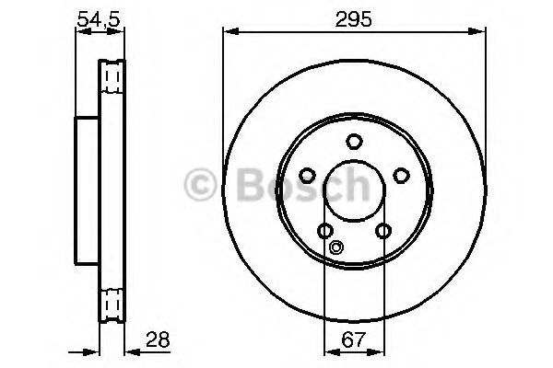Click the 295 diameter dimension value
tap(353, 19)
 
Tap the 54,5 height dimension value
tap(99, 19)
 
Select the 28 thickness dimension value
tap(158, 339)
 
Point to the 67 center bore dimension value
tap(354, 339)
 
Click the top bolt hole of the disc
tap(354, 141)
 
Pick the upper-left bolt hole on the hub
tap(307, 175)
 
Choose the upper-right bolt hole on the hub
tap(401, 175)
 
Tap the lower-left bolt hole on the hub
tap(325, 231)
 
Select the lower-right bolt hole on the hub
tap(383, 231)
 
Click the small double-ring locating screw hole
tap(336, 247)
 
